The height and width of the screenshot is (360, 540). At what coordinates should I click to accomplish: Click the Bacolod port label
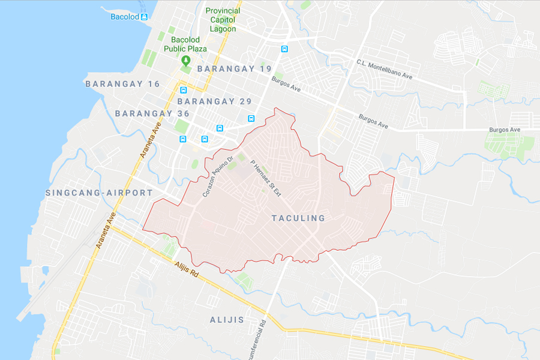pyautogui.click(x=124, y=16)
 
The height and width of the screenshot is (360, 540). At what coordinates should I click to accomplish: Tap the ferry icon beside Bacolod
pyautogui.click(x=144, y=17)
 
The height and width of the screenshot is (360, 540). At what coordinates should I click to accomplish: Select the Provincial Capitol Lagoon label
pyautogui.click(x=223, y=20)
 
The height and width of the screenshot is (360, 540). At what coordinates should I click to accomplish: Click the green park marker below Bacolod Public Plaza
pyautogui.click(x=186, y=61)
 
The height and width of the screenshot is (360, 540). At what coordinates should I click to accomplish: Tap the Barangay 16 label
pyautogui.click(x=122, y=84)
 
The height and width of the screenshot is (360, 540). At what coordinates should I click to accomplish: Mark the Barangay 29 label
pyautogui.click(x=215, y=101)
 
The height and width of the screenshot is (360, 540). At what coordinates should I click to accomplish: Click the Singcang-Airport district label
pyautogui.click(x=99, y=193)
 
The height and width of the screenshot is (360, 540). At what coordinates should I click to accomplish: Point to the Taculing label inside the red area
pyautogui.click(x=298, y=218)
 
